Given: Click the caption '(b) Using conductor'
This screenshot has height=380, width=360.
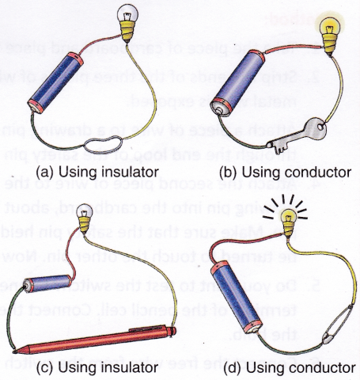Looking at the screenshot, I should tap(275, 170).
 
